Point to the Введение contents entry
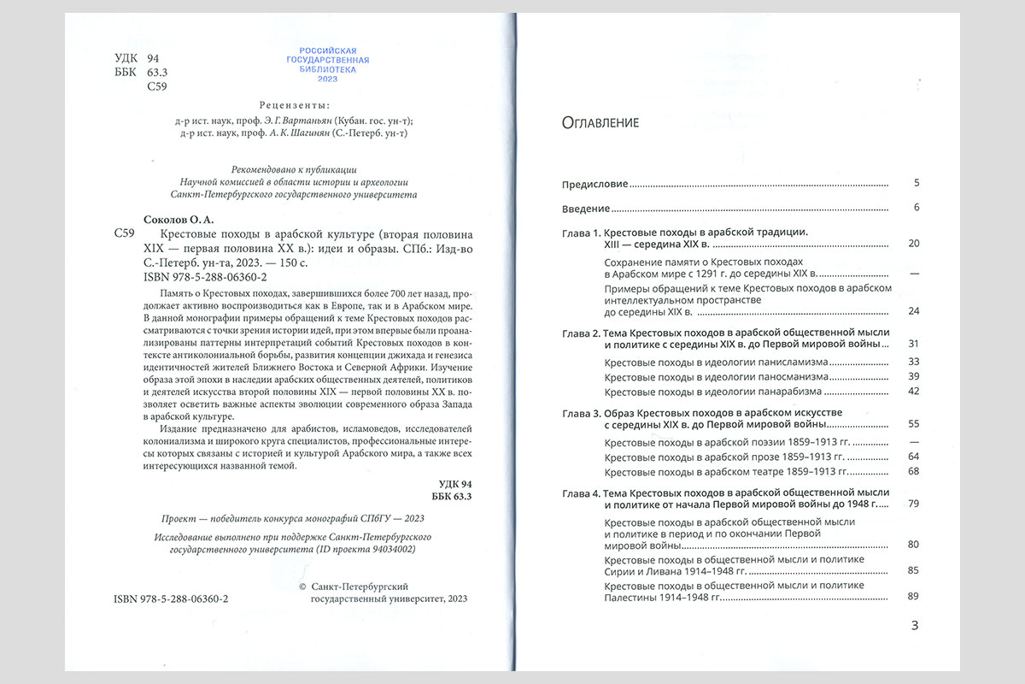click(585, 208)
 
